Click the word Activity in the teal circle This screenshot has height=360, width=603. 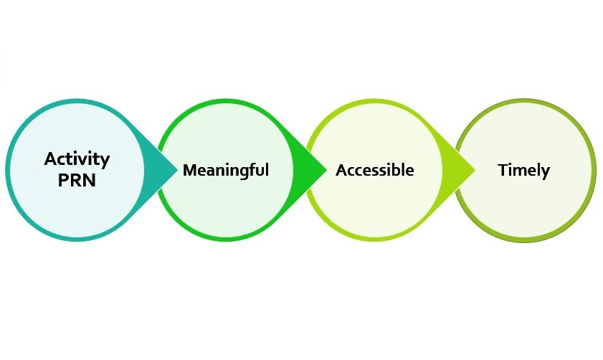[x=77, y=160]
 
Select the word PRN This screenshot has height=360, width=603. [x=77, y=180]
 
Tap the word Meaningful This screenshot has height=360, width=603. [x=226, y=171]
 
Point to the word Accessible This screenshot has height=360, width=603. [x=375, y=170]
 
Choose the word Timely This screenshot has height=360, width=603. [x=524, y=171]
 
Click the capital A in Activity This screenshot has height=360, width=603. [x=51, y=158]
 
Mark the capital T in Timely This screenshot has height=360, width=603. [x=503, y=170]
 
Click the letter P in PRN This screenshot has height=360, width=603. [x=63, y=180]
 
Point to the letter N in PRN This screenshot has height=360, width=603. [x=90, y=180]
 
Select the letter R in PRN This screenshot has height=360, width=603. [x=76, y=180]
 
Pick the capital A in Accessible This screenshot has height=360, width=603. [x=343, y=171]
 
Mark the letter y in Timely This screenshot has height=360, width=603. [x=546, y=173]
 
